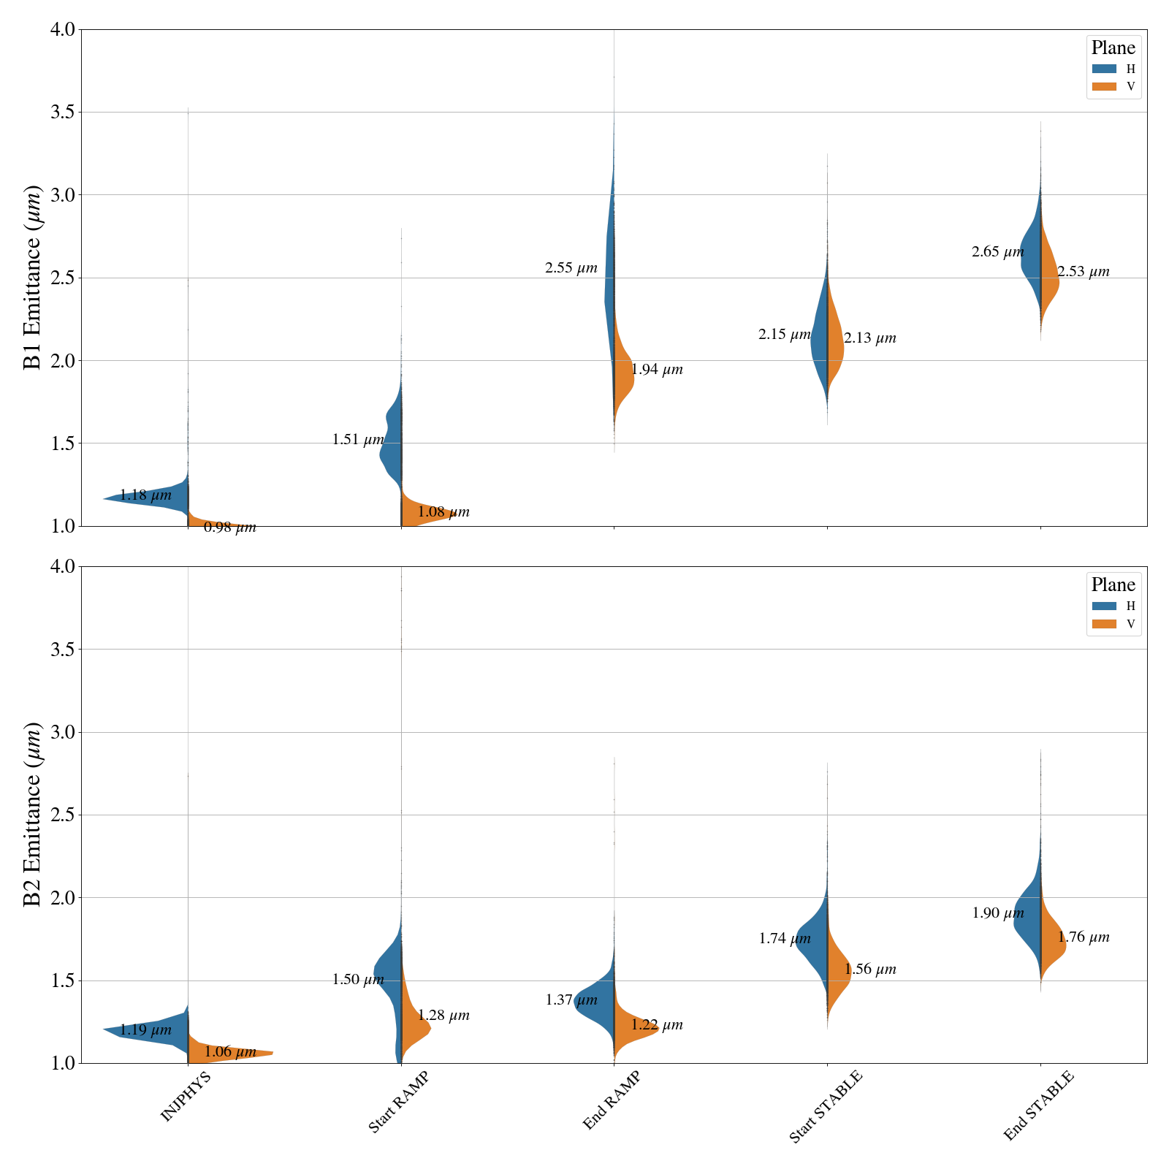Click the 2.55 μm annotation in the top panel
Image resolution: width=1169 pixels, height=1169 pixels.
[571, 268]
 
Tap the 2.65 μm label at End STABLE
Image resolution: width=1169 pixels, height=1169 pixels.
[997, 252]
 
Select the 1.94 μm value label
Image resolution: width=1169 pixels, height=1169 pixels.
[657, 370]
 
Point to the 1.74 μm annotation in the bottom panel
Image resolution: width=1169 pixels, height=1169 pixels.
[784, 939]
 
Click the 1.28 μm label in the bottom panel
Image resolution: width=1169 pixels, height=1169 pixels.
[443, 1016]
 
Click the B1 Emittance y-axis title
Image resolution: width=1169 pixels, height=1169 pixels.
[33, 278]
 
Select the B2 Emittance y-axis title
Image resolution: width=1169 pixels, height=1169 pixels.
[33, 815]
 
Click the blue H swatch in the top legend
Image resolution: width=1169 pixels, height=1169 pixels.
[1104, 69]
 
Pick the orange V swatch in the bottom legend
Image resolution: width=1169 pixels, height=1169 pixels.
[1104, 624]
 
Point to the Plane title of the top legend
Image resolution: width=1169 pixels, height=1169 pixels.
[1113, 48]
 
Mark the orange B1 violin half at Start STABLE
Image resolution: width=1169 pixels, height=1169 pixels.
[835, 343]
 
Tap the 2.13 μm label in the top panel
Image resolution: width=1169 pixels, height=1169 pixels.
[869, 338]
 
